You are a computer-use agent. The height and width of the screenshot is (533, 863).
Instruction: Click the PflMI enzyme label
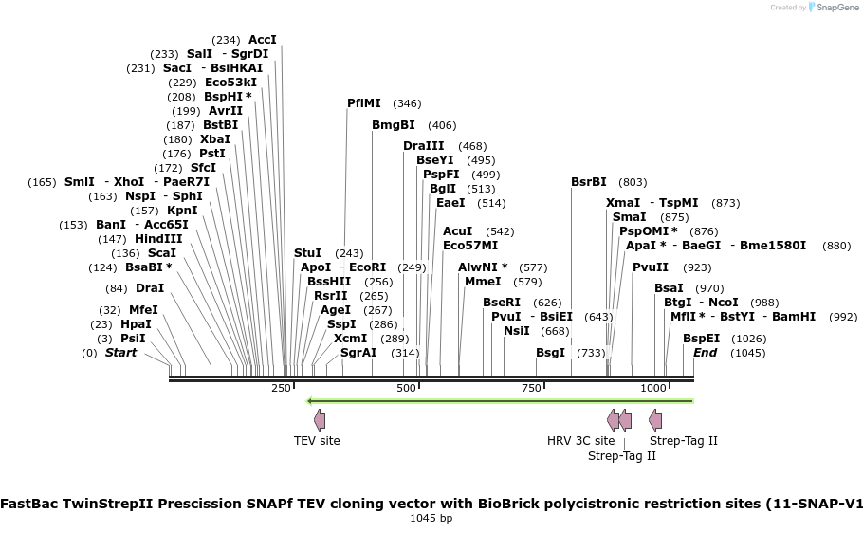click(x=364, y=103)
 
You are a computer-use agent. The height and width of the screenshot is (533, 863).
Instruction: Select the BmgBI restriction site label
click(x=393, y=125)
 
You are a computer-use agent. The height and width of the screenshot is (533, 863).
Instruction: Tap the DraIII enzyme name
click(x=423, y=146)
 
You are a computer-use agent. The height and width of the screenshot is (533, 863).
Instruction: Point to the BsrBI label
click(x=588, y=182)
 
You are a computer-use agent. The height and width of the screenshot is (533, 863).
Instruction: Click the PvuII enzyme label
click(x=651, y=267)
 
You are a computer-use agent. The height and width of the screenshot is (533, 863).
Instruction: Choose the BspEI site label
click(x=701, y=338)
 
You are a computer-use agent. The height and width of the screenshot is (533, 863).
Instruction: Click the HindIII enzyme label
click(x=158, y=239)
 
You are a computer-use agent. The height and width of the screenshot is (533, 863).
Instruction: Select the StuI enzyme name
click(x=307, y=253)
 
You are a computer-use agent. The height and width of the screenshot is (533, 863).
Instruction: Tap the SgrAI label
click(x=358, y=353)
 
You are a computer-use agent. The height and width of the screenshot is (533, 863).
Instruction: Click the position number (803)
click(x=633, y=182)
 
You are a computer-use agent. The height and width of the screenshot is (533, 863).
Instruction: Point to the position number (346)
click(x=407, y=103)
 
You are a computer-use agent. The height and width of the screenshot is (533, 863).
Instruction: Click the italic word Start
click(x=120, y=353)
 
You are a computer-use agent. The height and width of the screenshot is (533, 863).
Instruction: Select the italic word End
click(x=705, y=353)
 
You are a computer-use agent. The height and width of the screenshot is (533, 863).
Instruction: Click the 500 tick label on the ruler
click(x=407, y=388)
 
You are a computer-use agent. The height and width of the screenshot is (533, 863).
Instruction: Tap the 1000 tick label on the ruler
click(x=653, y=388)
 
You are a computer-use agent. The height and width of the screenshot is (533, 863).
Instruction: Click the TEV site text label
click(x=317, y=440)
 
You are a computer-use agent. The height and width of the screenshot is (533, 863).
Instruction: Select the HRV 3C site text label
click(x=580, y=440)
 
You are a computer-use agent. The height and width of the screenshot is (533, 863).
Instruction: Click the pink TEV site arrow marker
click(x=319, y=419)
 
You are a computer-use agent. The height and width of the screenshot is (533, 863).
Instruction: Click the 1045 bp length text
click(x=431, y=518)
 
